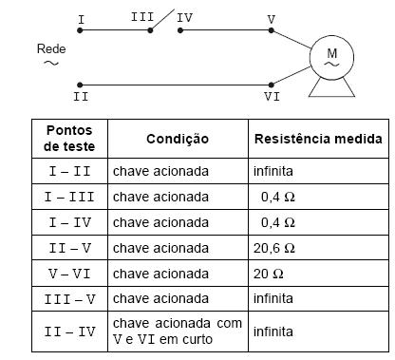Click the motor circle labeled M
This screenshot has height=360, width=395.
(x=331, y=56)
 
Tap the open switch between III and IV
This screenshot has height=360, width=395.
(x=164, y=21)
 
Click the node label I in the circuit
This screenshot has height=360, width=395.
(x=81, y=18)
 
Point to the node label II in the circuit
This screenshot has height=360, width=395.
(x=81, y=96)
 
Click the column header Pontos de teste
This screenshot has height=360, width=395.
(x=70, y=139)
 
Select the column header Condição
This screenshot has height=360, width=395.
(x=177, y=139)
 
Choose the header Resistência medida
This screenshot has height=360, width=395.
(x=317, y=139)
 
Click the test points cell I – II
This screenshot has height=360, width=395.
(x=70, y=173)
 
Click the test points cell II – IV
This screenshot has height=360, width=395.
(x=70, y=332)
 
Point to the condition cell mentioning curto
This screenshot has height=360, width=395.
(x=177, y=332)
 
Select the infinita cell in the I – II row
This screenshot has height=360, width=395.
(x=273, y=173)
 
